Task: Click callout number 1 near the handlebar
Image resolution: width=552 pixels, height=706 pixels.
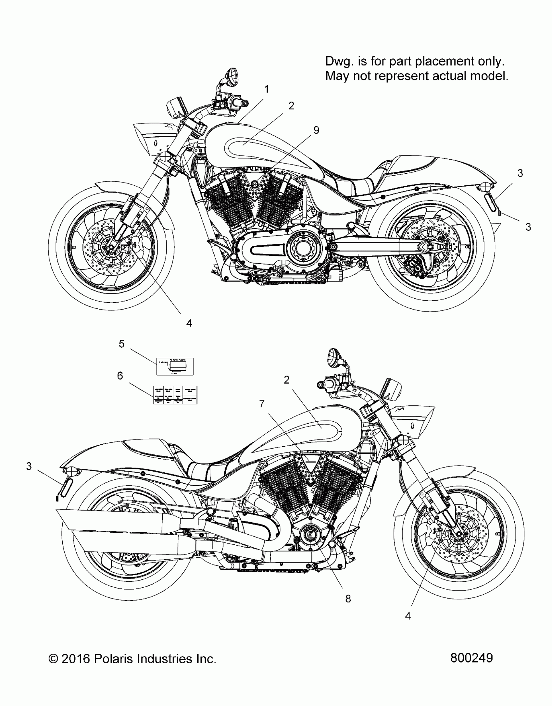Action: (x=266, y=89)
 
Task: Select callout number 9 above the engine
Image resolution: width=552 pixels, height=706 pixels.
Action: (x=316, y=130)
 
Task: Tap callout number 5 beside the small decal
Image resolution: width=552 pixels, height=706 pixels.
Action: (x=121, y=344)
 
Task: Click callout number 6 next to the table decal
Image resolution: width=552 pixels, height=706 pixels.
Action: (x=120, y=376)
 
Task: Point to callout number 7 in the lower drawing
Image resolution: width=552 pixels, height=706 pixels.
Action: (x=262, y=404)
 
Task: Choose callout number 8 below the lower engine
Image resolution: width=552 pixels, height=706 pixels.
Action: (x=348, y=599)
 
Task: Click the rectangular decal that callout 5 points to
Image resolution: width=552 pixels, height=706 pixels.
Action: (x=175, y=366)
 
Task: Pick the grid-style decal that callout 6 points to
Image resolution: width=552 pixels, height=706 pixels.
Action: (x=175, y=395)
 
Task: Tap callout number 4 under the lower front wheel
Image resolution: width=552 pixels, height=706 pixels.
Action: (x=408, y=616)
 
